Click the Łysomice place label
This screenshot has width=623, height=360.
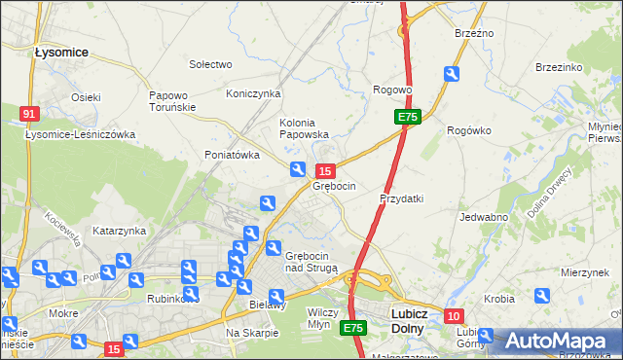[60, 52]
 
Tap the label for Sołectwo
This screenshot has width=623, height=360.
[210, 64]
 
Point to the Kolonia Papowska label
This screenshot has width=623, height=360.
[304, 128]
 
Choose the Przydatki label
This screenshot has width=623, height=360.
[401, 198]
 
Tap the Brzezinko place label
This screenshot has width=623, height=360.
[559, 67]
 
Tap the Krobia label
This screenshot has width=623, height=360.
[499, 299]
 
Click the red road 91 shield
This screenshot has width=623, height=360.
[28, 114]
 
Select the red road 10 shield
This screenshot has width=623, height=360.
[454, 316]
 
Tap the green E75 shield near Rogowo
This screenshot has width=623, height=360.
[408, 117]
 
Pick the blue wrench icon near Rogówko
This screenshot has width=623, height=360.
[451, 73]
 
